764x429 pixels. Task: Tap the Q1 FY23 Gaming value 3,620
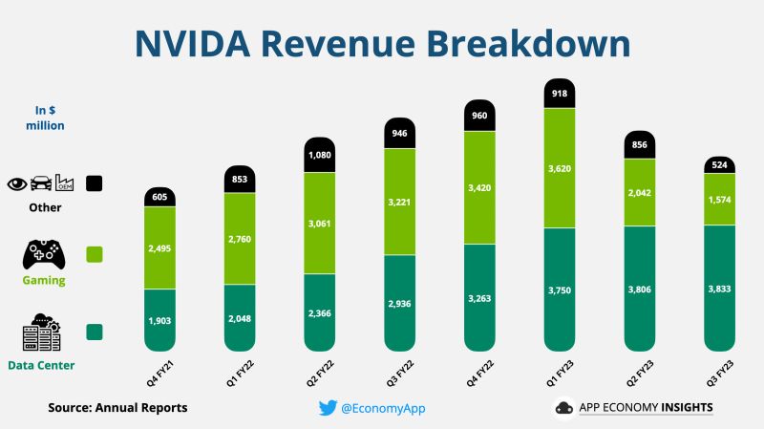click(x=560, y=168)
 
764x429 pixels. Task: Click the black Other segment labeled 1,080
click(x=320, y=155)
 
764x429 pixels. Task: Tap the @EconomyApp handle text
click(x=383, y=408)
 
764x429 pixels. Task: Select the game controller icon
click(x=44, y=255)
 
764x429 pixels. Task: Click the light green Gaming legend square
click(x=95, y=255)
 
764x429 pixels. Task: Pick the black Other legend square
click(x=95, y=182)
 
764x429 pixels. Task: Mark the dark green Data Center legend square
click(x=95, y=332)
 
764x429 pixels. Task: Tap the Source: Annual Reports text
click(x=117, y=408)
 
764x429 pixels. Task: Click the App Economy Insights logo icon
click(x=563, y=408)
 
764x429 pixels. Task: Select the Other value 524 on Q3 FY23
click(x=718, y=164)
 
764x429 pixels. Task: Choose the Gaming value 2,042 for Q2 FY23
click(x=639, y=191)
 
